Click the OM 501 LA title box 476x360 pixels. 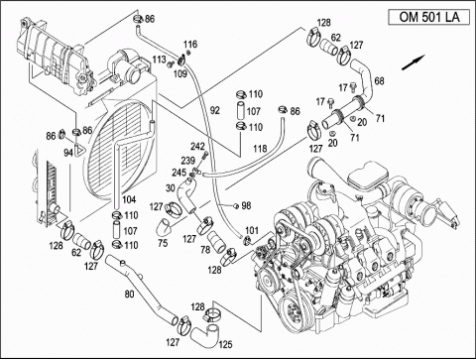tap(428, 17)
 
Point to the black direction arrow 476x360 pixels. tap(413, 62)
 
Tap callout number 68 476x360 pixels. tap(379, 80)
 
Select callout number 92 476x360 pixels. tap(215, 110)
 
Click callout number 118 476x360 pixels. tap(260, 149)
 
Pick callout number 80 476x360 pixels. tap(129, 294)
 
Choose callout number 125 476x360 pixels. tap(225, 345)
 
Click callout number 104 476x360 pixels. tap(129, 199)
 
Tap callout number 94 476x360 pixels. tap(68, 153)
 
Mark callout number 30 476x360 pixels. tap(170, 188)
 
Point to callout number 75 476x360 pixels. tap(163, 243)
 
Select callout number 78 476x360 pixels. tap(205, 250)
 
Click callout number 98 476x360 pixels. tap(246, 205)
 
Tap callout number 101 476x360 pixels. tap(252, 230)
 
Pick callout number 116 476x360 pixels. tap(190, 44)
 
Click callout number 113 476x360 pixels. tap(159, 60)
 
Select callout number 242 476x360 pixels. tap(197, 146)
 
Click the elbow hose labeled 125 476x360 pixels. tap(205, 335)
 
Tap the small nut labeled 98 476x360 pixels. tap(235, 206)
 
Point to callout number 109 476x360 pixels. tap(180, 73)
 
